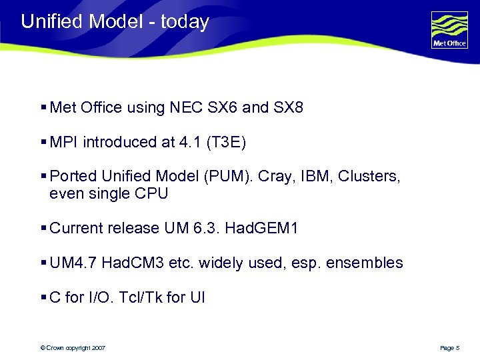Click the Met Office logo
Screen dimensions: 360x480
click(449, 30)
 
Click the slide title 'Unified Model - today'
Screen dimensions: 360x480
click(115, 21)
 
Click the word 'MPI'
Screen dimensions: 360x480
click(65, 142)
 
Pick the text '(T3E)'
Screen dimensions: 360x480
click(226, 142)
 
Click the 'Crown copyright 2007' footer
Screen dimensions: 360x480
click(73, 348)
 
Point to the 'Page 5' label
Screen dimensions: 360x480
click(450, 348)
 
